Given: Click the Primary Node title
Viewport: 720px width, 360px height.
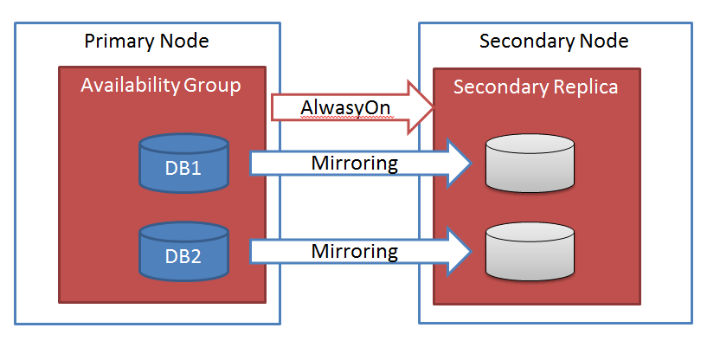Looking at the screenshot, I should click(146, 42).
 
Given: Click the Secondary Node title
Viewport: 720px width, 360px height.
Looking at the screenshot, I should click(554, 42).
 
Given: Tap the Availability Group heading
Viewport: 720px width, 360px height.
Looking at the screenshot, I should click(160, 86).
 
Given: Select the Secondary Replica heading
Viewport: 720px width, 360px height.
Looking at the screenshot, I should click(536, 87).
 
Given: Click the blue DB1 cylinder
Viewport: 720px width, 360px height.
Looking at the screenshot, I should click(183, 163).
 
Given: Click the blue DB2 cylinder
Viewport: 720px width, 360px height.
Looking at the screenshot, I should click(183, 252).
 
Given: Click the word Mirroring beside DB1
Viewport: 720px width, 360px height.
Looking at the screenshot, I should click(356, 163).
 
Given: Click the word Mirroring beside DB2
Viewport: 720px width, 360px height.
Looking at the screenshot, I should click(356, 252).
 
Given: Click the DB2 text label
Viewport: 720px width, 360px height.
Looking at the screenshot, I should click(183, 257).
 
